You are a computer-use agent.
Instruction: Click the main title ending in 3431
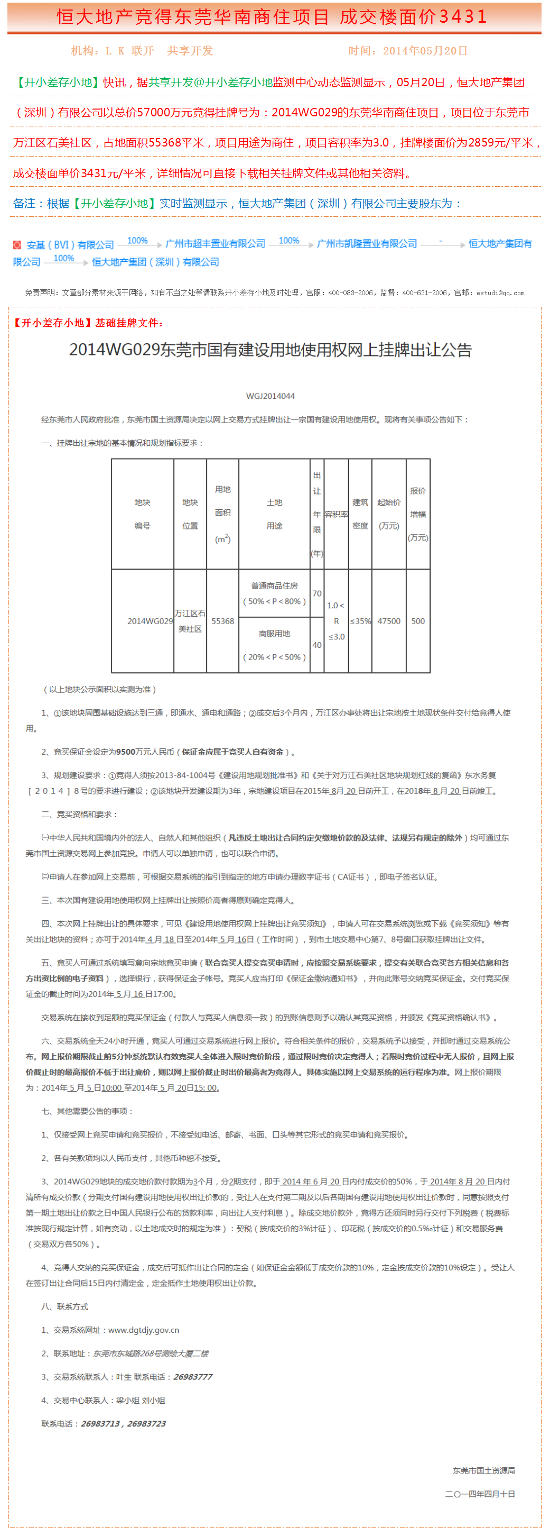point(272,16)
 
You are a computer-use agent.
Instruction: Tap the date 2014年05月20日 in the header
point(425,51)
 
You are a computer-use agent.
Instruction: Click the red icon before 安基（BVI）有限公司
point(17,245)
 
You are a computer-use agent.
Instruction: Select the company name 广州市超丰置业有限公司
point(215,244)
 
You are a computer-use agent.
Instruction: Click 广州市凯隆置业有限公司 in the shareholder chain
point(367,244)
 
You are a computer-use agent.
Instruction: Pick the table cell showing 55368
point(223,621)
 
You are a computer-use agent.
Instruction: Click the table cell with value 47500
point(389,621)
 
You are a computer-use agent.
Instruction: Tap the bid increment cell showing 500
point(418,621)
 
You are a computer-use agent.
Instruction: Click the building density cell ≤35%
point(360,621)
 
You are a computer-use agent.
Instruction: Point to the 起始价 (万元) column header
point(389,514)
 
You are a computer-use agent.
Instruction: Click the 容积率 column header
point(336,514)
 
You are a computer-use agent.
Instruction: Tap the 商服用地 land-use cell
point(274,645)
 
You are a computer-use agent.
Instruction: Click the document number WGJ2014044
point(271,396)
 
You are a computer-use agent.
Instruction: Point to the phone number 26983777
point(193,1377)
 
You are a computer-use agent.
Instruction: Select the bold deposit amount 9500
point(126,752)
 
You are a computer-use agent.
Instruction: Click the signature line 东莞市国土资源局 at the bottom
point(483,1470)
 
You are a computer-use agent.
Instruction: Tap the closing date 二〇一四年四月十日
point(480,1494)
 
